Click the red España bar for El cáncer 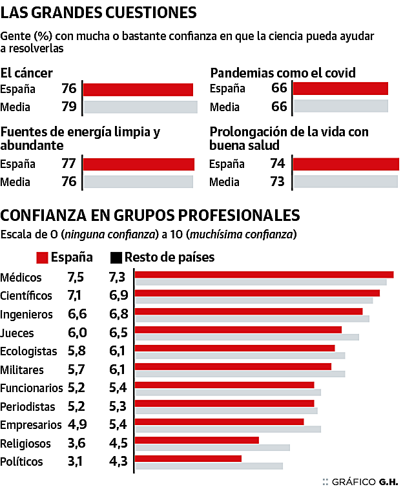[138, 90]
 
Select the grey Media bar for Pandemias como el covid [340, 107]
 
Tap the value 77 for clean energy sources [69, 163]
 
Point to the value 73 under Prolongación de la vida [278, 182]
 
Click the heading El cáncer [27, 73]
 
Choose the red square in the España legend [43, 258]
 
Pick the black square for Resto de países [116, 258]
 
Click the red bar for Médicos [263, 275]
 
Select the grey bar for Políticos [209, 465]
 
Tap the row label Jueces [17, 333]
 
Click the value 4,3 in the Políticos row [118, 462]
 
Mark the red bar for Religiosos [196, 440]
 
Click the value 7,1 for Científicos [75, 296]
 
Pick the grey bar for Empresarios [227, 429]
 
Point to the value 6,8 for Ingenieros [118, 315]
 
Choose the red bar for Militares [232, 366]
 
